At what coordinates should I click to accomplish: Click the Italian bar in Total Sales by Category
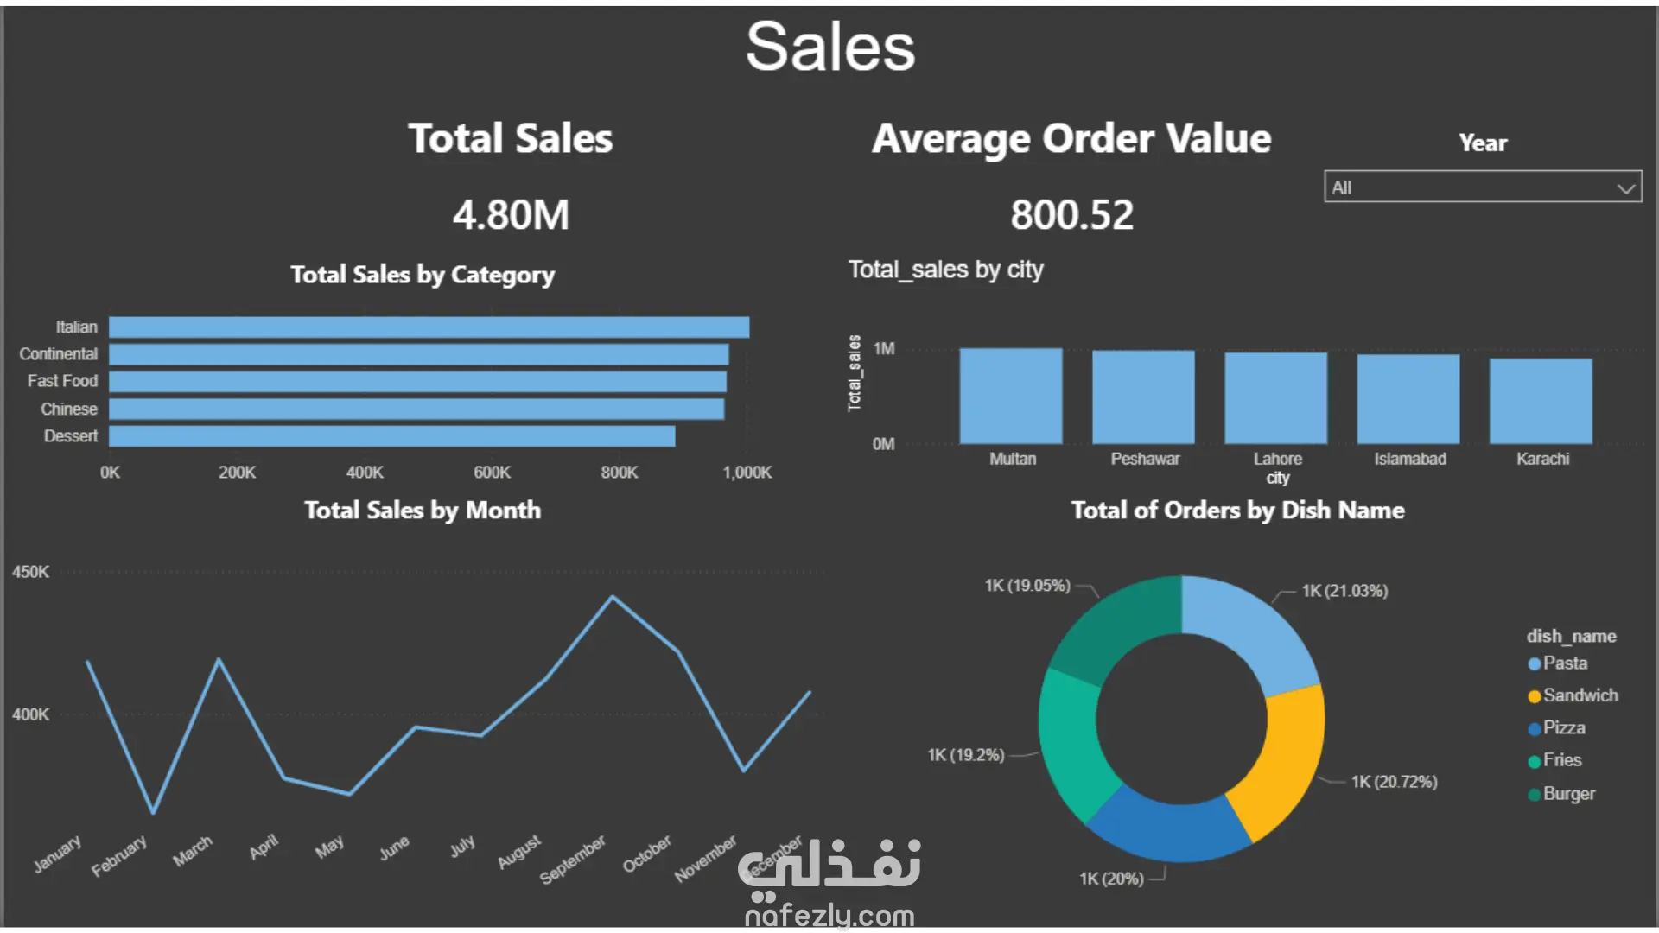429,327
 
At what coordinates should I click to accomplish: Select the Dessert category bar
391,436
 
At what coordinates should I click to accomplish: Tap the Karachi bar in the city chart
1541,401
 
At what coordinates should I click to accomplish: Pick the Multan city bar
1010,396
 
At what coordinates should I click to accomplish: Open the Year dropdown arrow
1625,187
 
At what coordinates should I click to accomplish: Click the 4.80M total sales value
511,215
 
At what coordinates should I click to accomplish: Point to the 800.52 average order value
1071,215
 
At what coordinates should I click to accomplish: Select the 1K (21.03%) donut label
1344,591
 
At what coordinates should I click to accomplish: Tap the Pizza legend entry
1563,728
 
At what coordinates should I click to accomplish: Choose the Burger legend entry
1568,794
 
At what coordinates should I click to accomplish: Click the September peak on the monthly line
613,597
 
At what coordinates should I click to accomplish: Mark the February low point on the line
153,812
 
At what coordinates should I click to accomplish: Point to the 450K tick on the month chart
30,572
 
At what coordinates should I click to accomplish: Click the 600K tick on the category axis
492,473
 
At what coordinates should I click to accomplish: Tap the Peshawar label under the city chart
1145,459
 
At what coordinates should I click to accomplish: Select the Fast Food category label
62,381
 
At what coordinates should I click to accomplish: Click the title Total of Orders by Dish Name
1237,511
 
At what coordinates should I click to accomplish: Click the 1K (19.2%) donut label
966,755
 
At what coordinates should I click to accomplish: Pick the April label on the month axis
264,847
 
